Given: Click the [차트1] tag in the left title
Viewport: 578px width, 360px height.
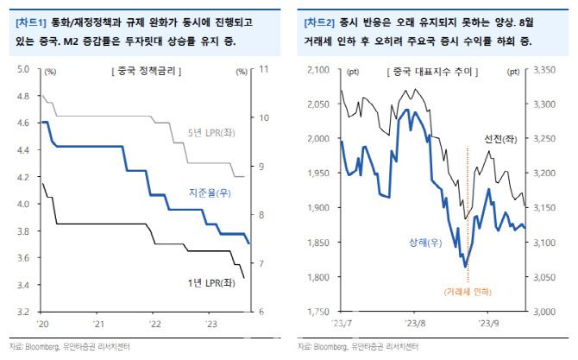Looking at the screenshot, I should coord(31,18).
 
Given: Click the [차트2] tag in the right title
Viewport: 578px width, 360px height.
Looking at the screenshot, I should coord(319,18).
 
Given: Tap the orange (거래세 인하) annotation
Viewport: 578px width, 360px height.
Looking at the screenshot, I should coord(468,293).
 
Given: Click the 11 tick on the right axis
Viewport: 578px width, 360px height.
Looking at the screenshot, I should coord(265,69).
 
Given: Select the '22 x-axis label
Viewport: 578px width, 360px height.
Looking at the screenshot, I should coord(155,324).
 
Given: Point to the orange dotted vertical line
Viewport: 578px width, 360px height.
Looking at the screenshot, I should coord(468,216).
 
